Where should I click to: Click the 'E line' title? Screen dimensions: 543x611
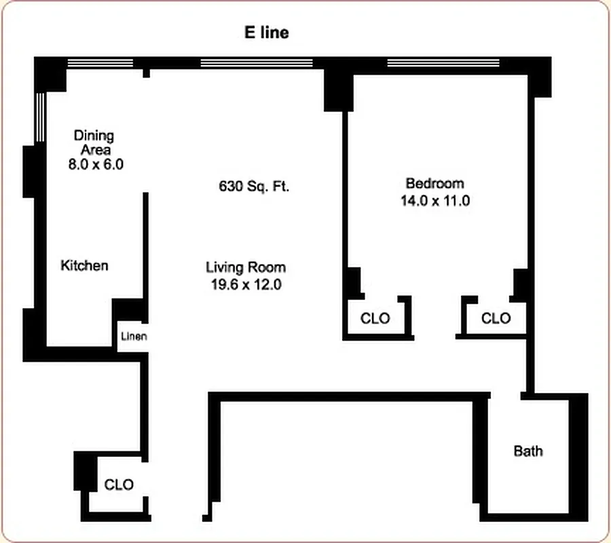coord(266,33)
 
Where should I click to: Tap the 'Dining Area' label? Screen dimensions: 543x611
coord(94,143)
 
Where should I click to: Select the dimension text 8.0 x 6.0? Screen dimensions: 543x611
coord(96,164)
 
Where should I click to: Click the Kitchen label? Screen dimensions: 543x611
coord(84,265)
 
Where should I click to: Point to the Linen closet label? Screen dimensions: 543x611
coord(134,336)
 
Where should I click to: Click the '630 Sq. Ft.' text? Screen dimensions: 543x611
coord(254,186)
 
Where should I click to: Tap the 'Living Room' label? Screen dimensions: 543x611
coord(245,267)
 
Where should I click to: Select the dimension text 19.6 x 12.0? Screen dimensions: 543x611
coord(246,285)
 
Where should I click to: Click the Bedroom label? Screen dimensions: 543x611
coord(434,183)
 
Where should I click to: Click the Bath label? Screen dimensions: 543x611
coord(527,451)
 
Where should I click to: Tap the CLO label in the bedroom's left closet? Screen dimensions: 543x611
coord(375,318)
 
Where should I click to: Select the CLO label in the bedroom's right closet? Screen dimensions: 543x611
coord(496,318)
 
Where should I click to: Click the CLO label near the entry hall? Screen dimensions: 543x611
coord(119,485)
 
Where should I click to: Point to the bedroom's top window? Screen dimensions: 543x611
coord(443,63)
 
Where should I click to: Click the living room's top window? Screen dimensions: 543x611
coord(256,63)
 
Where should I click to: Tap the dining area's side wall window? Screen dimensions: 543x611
coord(40,117)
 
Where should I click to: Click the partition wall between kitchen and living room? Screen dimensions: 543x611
coord(145,244)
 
